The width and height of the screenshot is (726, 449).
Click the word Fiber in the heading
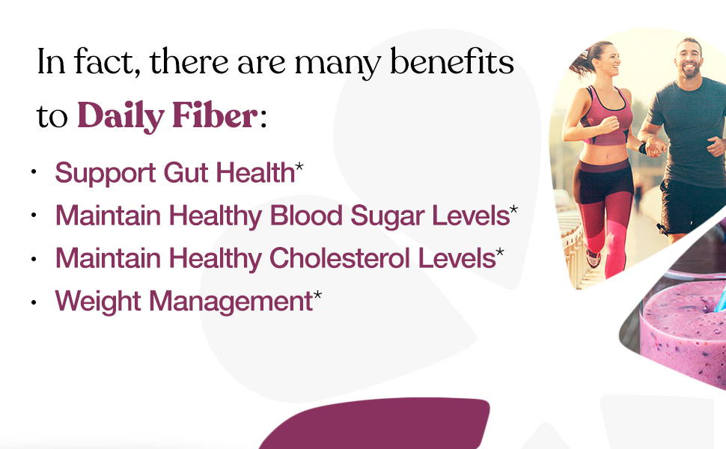(x=214, y=114)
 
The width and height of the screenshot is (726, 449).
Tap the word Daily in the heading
(x=121, y=117)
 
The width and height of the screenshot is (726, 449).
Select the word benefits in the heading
(x=452, y=61)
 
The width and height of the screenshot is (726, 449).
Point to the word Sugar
(x=387, y=216)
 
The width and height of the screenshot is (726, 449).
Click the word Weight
(x=98, y=302)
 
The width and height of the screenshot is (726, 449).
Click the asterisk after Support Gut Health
(x=299, y=166)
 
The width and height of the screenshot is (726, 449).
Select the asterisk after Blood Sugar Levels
(x=513, y=210)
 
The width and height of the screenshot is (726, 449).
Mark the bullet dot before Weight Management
(x=34, y=302)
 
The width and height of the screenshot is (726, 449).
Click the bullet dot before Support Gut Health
(x=34, y=171)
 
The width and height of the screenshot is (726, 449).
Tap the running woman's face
(x=608, y=60)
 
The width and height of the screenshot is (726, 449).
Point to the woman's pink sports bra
(x=605, y=116)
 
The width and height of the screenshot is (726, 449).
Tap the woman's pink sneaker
(x=593, y=258)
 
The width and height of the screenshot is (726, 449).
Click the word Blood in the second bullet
(x=306, y=216)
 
